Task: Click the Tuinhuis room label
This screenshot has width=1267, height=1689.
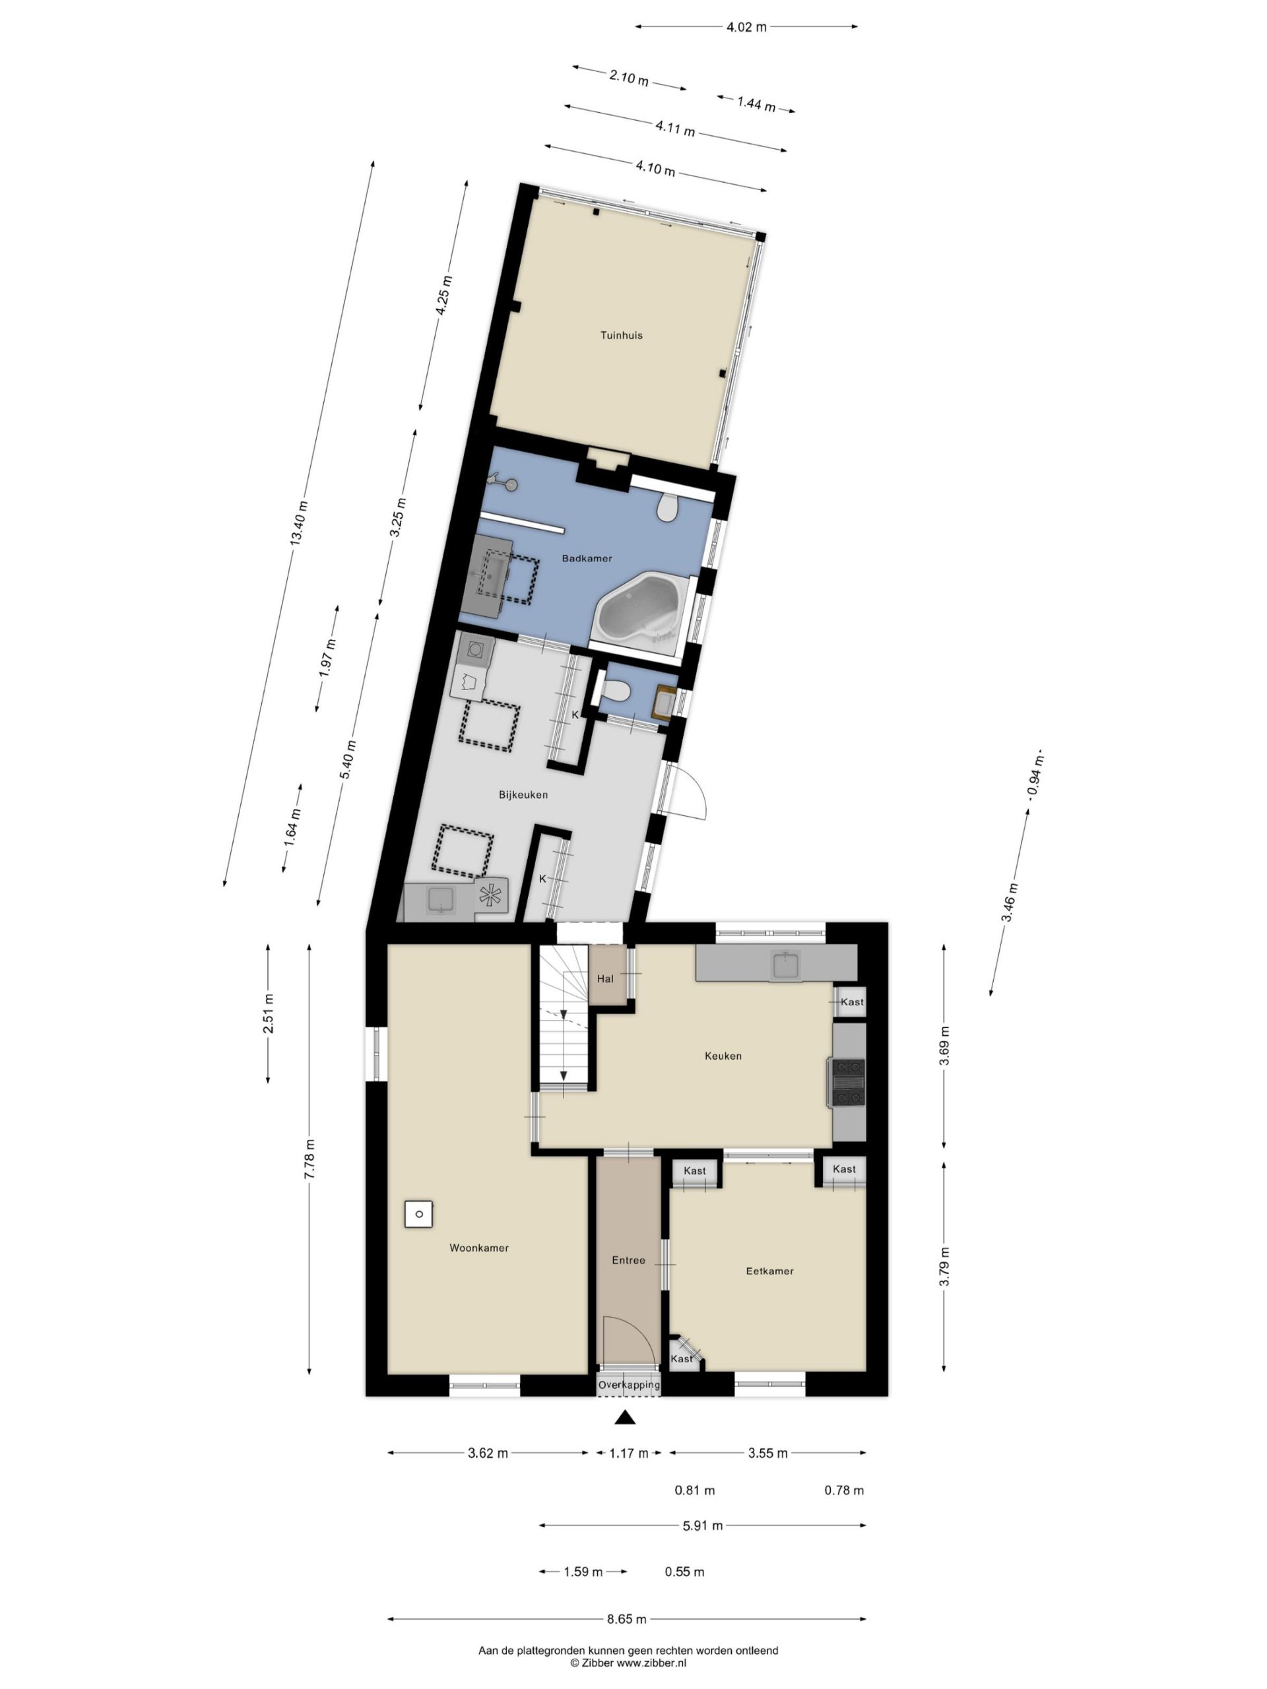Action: click(x=621, y=335)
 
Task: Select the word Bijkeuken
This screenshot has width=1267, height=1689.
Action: click(x=523, y=795)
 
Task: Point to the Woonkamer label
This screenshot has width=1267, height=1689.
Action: click(x=479, y=1248)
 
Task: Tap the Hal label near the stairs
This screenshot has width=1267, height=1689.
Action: click(x=606, y=979)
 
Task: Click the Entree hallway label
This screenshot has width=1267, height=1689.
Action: click(x=628, y=1261)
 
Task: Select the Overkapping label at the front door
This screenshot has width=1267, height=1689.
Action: click(x=628, y=1384)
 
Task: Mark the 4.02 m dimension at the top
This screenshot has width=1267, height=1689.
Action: click(x=746, y=27)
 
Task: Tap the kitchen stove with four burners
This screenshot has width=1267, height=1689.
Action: click(x=849, y=1082)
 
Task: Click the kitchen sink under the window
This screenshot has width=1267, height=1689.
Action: click(x=786, y=965)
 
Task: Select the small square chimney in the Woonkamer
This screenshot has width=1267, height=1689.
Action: click(x=418, y=1214)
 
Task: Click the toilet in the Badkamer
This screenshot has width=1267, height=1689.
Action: click(x=668, y=505)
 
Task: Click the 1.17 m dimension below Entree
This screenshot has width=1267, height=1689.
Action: click(x=628, y=1453)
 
